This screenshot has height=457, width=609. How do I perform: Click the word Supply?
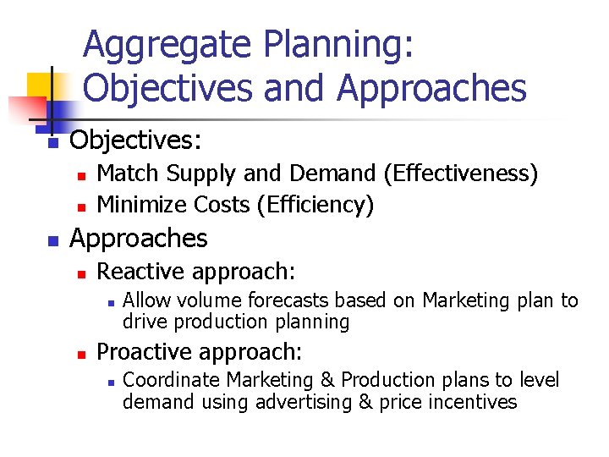click(x=202, y=174)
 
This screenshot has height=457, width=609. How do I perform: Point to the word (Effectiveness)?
click(x=460, y=174)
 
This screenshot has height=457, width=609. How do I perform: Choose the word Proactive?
click(x=147, y=351)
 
